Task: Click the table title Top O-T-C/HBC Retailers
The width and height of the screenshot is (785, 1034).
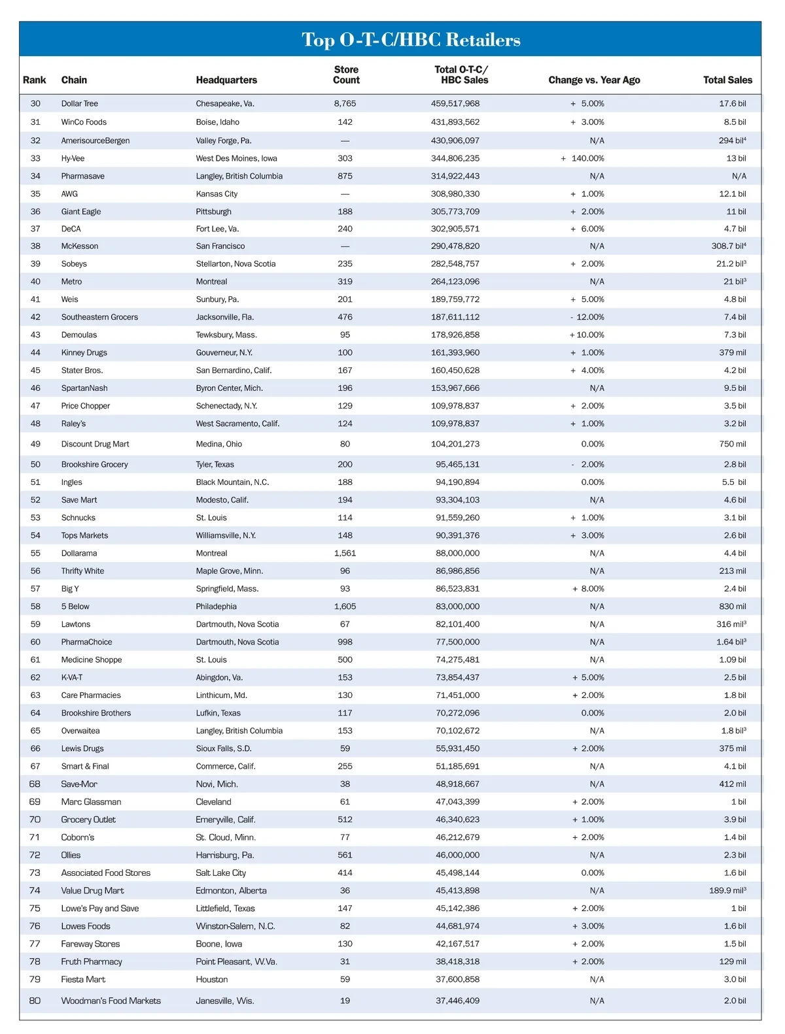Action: [411, 40]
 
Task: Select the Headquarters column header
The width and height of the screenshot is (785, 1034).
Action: [226, 80]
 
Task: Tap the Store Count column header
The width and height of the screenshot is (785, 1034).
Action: [346, 75]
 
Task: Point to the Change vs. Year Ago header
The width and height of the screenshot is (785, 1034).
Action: [594, 80]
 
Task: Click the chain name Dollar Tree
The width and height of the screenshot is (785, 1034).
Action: [80, 103]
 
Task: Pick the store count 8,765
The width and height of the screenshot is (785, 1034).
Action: [345, 103]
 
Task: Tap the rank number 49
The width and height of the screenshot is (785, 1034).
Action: [35, 444]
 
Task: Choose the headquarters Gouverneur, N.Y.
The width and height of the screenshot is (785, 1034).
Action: [224, 352]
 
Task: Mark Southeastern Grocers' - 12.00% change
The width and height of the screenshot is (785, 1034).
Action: [587, 317]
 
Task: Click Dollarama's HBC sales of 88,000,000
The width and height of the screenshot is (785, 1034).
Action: [457, 553]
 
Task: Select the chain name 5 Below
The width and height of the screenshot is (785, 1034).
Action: [75, 607]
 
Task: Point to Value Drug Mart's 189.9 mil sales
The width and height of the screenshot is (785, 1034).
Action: [727, 890]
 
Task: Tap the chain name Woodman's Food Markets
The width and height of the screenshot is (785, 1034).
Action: [111, 1001]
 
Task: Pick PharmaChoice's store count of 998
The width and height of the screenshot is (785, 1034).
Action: [345, 642]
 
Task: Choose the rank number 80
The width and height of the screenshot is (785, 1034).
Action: [35, 1001]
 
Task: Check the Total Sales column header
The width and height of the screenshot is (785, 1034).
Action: [727, 80]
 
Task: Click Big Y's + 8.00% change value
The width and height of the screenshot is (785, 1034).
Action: [588, 588]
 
